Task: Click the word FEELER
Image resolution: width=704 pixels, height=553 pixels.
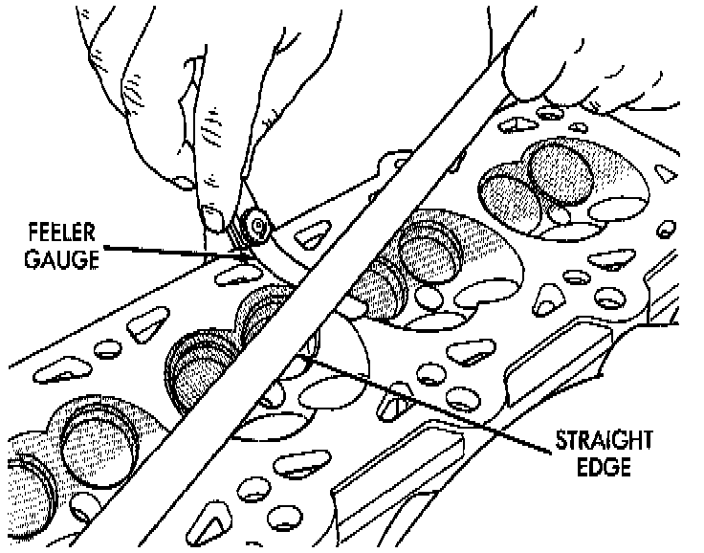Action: pyautogui.click(x=58, y=232)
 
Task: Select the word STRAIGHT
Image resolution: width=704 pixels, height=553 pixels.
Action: pyautogui.click(x=603, y=441)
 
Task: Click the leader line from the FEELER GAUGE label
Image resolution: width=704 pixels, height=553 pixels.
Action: pyautogui.click(x=172, y=251)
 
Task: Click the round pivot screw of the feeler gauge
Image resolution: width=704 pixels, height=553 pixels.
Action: pyautogui.click(x=255, y=226)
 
